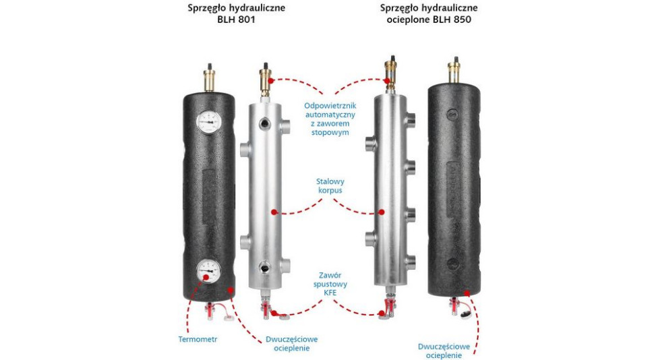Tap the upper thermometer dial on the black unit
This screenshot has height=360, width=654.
tap(208, 121)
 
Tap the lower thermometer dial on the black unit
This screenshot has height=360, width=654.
tap(208, 272)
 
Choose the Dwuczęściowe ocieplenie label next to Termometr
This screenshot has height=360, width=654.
tap(291, 344)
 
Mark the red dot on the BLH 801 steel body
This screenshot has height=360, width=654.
tap(274, 212)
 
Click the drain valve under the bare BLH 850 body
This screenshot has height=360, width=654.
tap(389, 307)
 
